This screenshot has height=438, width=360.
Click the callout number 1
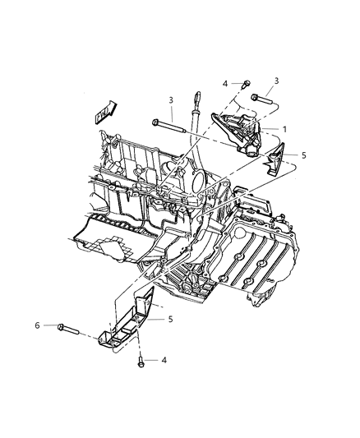click(x=285, y=129)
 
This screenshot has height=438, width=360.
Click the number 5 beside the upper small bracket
click(x=304, y=154)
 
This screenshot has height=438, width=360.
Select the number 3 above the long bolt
click(x=170, y=100)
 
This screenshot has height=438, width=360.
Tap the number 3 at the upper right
click(x=276, y=80)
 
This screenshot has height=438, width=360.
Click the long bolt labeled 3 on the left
click(x=168, y=125)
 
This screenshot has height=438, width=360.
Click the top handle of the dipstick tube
click(x=196, y=100)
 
